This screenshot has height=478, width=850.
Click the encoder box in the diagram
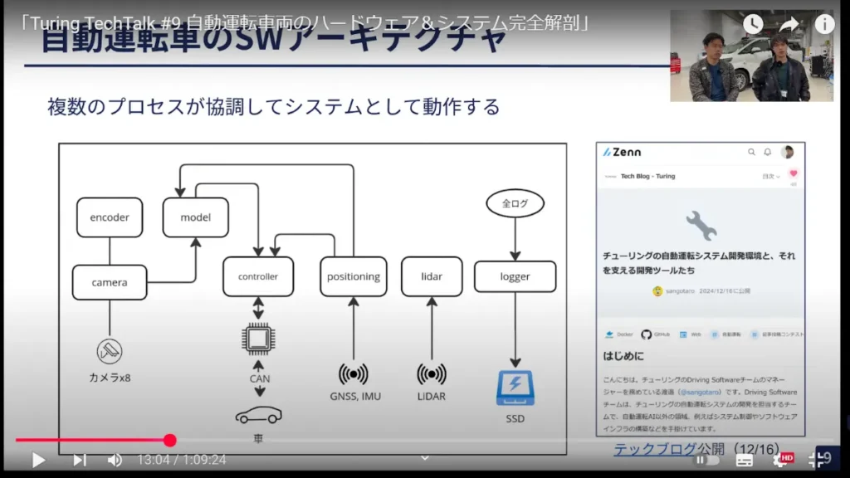110,217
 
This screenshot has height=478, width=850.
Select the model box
196,217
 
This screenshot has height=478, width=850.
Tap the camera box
110,282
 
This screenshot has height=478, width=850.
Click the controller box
258,276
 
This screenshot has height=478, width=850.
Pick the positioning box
354,276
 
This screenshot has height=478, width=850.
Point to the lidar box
432,276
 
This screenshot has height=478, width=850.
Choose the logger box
515,276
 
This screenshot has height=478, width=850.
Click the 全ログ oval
515,202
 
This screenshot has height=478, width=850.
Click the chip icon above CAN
258,339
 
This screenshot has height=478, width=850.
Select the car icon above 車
258,414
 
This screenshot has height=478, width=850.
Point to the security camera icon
109,351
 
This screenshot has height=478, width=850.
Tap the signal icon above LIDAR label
432,373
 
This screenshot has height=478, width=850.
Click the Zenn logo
623,152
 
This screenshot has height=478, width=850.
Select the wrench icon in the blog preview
701,225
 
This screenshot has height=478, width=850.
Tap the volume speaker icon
115,460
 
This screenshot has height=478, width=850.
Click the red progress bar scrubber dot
170,441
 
